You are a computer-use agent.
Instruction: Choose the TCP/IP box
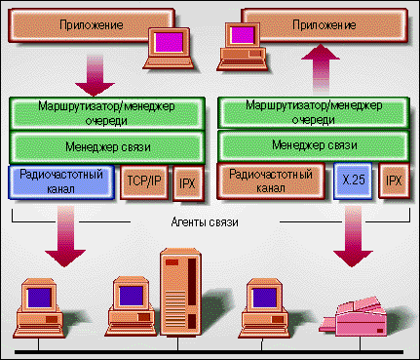pos(145,182)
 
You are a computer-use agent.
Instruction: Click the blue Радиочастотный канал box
pos(60,181)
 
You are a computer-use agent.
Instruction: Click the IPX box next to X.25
pos(394,181)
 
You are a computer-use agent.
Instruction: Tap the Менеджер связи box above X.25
pos(314,144)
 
